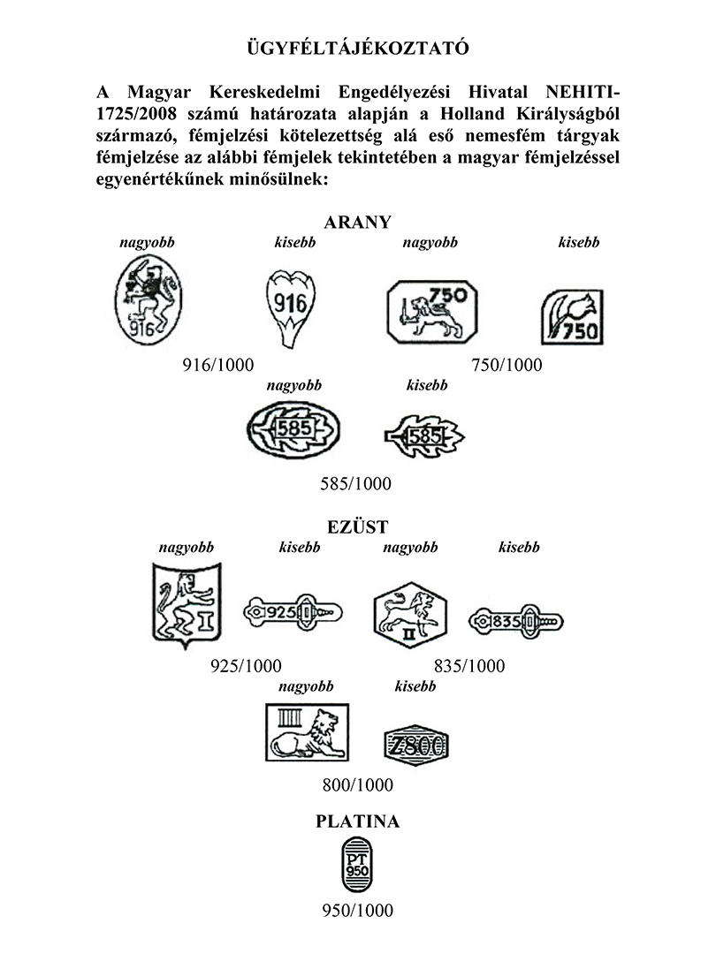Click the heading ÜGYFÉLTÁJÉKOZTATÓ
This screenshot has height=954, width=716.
point(358,48)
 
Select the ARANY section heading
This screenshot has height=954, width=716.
point(357,222)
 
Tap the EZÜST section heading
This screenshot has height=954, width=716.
point(357,526)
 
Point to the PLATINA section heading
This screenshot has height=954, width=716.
point(357,821)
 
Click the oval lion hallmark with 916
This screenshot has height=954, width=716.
point(148,300)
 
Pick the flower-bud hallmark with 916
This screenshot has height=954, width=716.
point(291,308)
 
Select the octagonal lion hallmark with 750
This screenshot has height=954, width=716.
point(432,312)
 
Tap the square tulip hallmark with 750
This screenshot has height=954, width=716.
point(572,317)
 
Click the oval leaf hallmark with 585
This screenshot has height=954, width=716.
point(293,430)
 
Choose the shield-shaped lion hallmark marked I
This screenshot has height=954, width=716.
point(187,606)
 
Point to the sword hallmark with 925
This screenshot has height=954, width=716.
point(293,613)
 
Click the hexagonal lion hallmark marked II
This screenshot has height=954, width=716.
point(410,615)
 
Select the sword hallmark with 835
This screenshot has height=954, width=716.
point(515,622)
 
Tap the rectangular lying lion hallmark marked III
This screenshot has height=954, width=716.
point(308,732)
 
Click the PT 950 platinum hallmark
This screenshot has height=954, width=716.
point(357,865)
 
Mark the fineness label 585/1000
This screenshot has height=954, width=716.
point(356,484)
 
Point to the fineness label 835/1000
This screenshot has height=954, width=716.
point(469,666)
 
